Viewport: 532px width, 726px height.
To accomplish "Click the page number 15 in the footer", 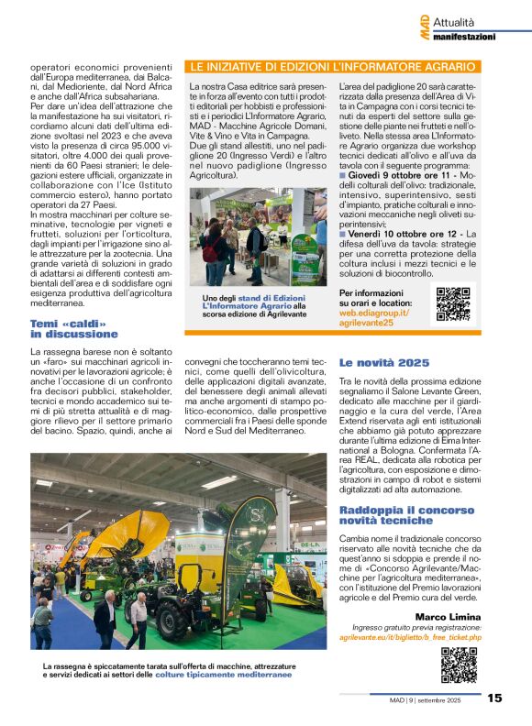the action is [x=494, y=698].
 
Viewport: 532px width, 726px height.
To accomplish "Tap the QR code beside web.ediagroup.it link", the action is [x=452, y=302].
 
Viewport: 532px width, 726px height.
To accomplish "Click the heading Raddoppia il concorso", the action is [x=395, y=514].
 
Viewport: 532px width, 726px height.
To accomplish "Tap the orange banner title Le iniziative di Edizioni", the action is [x=331, y=67].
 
